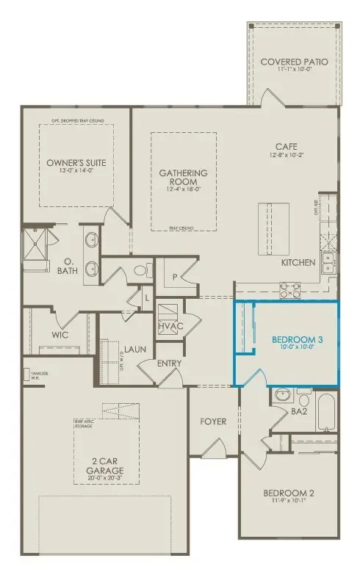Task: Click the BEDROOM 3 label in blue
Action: pyautogui.click(x=297, y=339)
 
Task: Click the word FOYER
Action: pyautogui.click(x=213, y=421)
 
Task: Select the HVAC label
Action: pyautogui.click(x=170, y=326)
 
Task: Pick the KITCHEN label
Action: pyautogui.click(x=298, y=262)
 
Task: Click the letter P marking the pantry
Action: pyautogui.click(x=175, y=277)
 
